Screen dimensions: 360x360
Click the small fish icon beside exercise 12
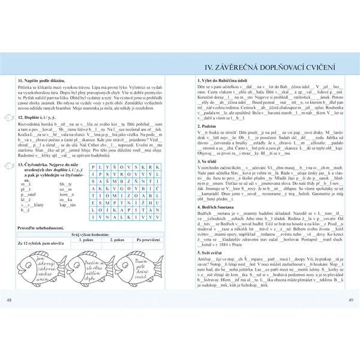tap(9, 118)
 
